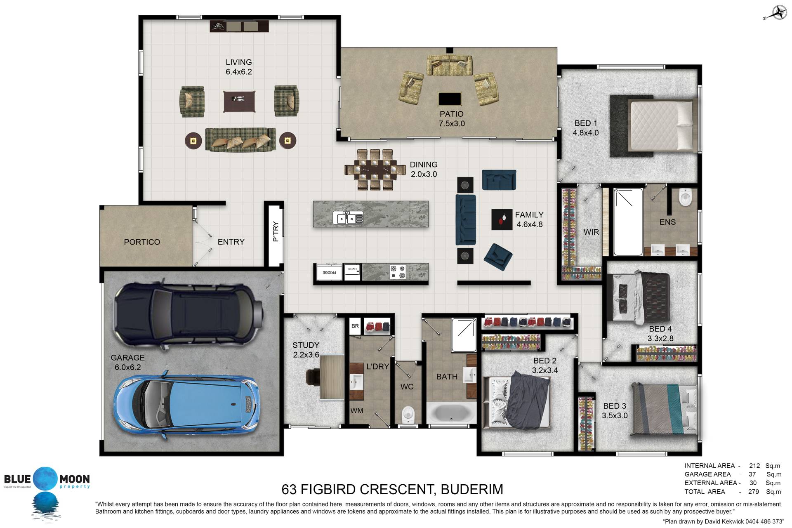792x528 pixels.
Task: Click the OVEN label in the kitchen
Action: pos(353,269)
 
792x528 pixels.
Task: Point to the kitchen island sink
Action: pos(348,218)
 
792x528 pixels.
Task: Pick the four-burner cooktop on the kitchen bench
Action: pos(398,272)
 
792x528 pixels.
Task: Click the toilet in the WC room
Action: pos(408,414)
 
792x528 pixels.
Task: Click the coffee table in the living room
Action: pos(239,101)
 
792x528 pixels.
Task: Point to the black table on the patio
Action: pos(450,99)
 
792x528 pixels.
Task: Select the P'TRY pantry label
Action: pos(276,232)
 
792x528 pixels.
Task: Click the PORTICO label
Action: pos(142,242)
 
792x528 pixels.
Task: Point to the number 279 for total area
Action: pos(754,492)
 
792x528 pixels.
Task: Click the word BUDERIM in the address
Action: pos(472,489)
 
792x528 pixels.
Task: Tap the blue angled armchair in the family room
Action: pos(498,257)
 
